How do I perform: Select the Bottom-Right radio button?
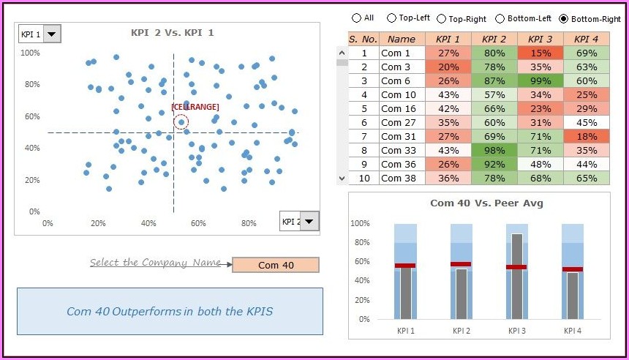[563, 18]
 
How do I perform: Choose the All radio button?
[356, 18]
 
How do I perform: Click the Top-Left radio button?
[391, 18]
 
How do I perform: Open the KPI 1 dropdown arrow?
[53, 34]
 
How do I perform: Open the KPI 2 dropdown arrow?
[310, 222]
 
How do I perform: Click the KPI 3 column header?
[540, 39]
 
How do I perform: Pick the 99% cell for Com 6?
[540, 80]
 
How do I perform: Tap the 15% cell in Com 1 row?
[540, 53]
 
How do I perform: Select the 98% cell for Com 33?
[494, 150]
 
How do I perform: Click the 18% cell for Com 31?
[587, 136]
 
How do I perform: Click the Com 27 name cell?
[402, 122]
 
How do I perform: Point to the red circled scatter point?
[181, 122]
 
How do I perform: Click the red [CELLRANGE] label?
[195, 107]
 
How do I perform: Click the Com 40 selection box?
[276, 265]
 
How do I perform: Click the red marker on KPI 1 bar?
[405, 266]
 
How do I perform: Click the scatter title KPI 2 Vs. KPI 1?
[172, 33]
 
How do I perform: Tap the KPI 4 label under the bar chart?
[573, 331]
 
